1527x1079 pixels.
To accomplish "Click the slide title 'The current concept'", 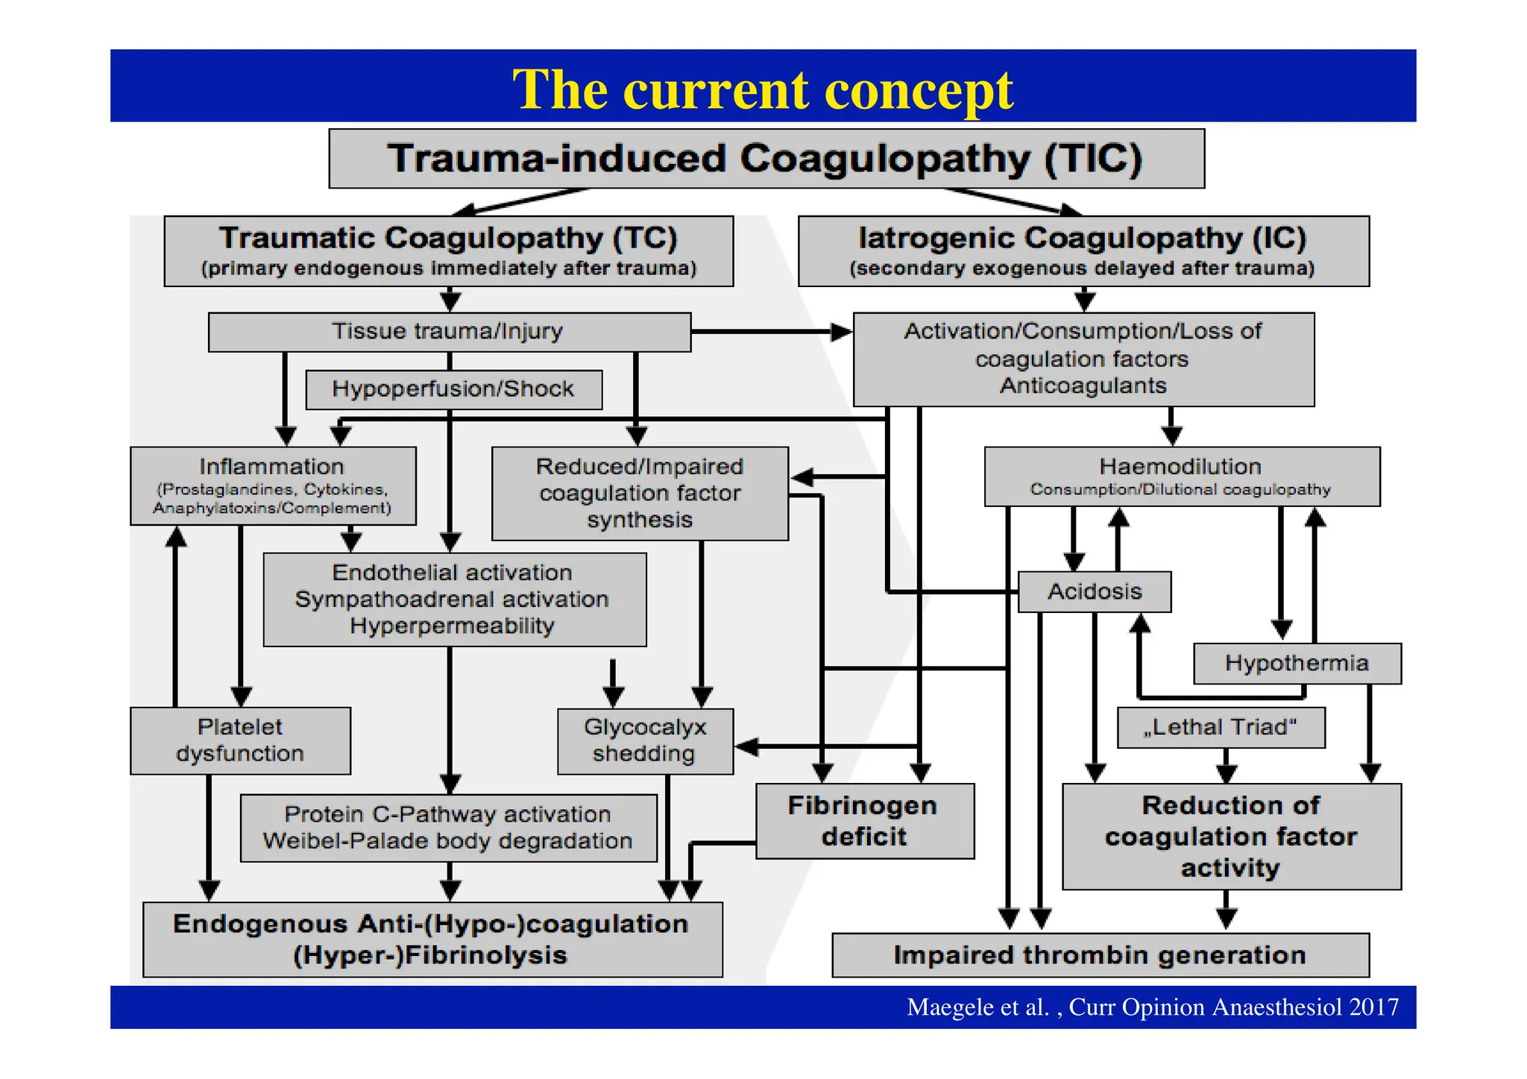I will pyautogui.click(x=762, y=89).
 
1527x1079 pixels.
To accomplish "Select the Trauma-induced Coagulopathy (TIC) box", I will pyautogui.click(x=766, y=158).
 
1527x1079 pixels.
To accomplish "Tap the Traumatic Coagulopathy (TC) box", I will pyautogui.click(x=448, y=251).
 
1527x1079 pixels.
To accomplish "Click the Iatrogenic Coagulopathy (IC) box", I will pyautogui.click(x=1083, y=251).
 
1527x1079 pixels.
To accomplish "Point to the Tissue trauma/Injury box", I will pyautogui.click(x=448, y=331).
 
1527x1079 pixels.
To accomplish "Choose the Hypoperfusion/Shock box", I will pyautogui.click(x=453, y=389).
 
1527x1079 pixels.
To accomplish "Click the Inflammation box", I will pyautogui.click(x=272, y=485).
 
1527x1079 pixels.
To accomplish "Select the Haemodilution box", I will pyautogui.click(x=1181, y=476).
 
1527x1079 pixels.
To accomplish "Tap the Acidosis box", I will pyautogui.click(x=1094, y=591).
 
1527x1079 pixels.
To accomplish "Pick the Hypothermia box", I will pyautogui.click(x=1297, y=663).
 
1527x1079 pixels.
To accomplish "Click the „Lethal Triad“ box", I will pyautogui.click(x=1221, y=727).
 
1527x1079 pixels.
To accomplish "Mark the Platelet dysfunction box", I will pyautogui.click(x=240, y=740).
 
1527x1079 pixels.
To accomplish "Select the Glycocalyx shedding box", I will pyautogui.click(x=645, y=740).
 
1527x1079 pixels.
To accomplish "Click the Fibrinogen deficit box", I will pyautogui.click(x=864, y=820).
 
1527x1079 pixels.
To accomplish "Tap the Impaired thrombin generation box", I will pyautogui.click(x=1100, y=955).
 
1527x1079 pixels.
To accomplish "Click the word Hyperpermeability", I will pyautogui.click(x=452, y=626).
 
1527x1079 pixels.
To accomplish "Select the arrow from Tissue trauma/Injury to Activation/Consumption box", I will pyautogui.click(x=768, y=331).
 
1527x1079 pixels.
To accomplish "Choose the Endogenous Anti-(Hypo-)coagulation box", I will pyautogui.click(x=432, y=940).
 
